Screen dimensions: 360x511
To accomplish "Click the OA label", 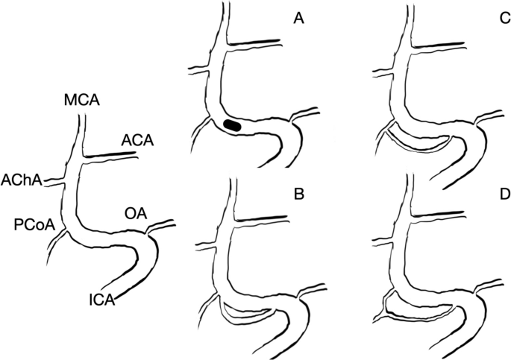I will tap(135, 215).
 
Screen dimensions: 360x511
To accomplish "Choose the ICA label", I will tap(100, 300).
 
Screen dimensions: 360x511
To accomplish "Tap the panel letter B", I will tap(299, 196).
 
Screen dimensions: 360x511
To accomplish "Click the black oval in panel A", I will tap(233, 125).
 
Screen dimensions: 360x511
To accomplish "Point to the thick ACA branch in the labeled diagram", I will tap(112, 155).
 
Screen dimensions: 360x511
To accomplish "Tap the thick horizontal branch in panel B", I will tap(261, 219).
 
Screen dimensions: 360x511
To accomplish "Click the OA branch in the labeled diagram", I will tap(160, 225).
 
